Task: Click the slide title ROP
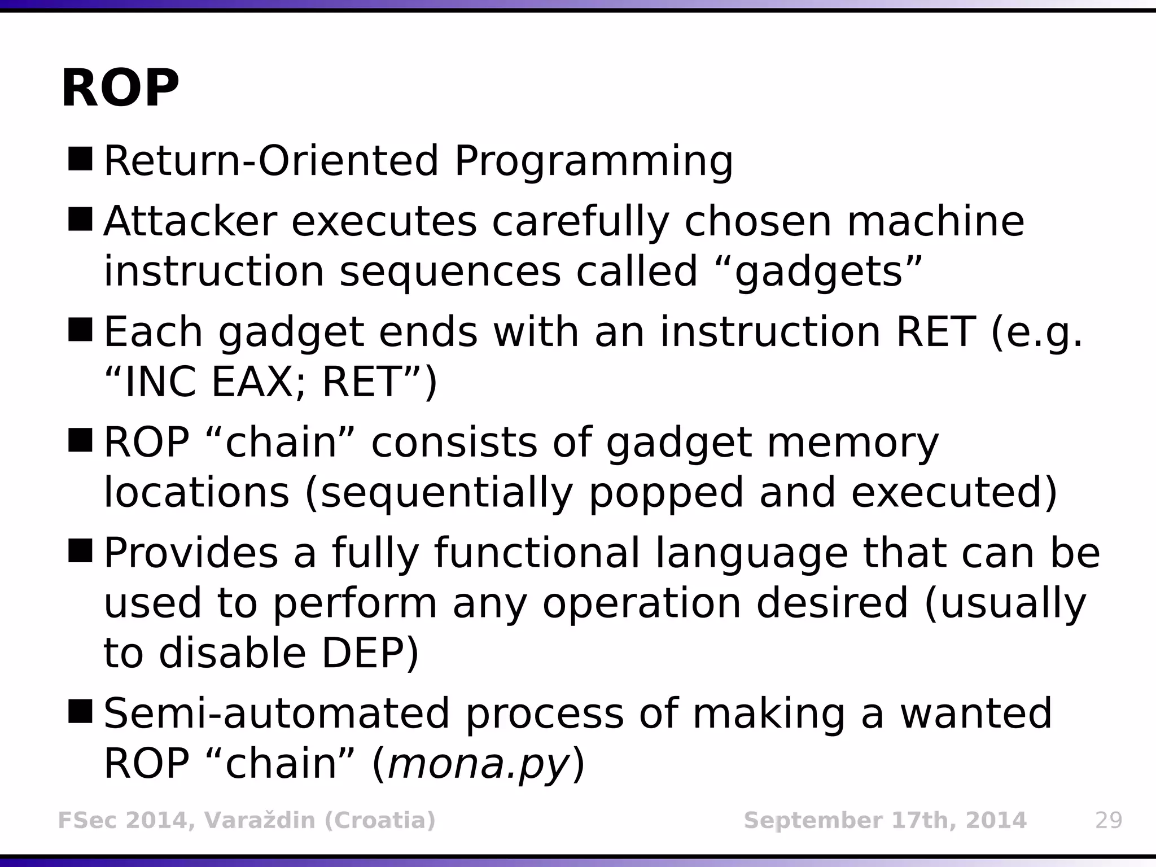(120, 89)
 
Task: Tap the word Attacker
(190, 221)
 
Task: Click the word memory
(852, 443)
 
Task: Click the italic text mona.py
(478, 764)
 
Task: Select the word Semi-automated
(277, 713)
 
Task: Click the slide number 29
(1109, 820)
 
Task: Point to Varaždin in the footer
(260, 820)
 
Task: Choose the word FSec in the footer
(86, 820)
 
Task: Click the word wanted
(976, 713)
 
